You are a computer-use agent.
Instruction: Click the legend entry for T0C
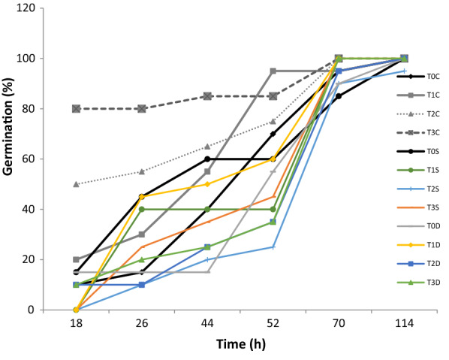point(432,76)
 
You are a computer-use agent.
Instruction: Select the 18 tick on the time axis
point(77,324)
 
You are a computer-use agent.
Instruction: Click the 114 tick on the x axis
point(404,324)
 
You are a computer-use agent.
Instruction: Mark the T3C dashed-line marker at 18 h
point(77,108)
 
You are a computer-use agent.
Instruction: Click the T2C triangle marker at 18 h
point(77,183)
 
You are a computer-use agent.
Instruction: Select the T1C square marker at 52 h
point(273,71)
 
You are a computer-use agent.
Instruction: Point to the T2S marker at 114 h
point(404,71)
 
